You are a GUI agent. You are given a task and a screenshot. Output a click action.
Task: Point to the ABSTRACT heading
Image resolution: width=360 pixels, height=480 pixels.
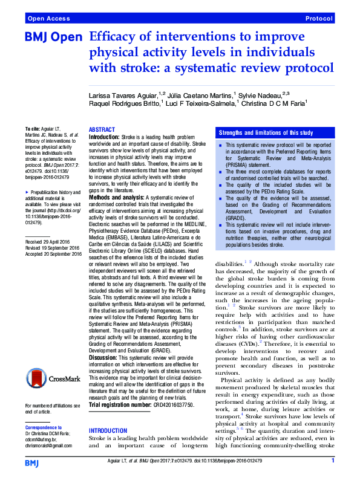(x=102, y=131)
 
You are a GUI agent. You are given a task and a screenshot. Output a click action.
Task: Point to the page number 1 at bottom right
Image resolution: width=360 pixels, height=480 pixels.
(x=333, y=461)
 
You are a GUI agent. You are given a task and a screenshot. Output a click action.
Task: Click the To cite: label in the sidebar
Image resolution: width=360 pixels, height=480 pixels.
(x=33, y=129)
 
